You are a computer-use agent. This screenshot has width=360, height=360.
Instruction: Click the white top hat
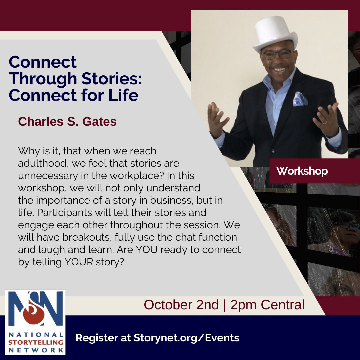click(275, 33)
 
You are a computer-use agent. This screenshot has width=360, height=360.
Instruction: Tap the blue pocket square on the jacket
click(300, 99)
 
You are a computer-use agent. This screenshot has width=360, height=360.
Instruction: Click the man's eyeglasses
click(277, 54)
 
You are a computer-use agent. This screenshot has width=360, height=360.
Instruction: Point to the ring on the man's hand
click(324, 123)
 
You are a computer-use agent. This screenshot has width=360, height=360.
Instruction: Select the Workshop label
click(302, 171)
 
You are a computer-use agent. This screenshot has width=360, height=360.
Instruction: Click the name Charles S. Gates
click(67, 121)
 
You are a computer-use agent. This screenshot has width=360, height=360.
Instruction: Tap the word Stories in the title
click(111, 79)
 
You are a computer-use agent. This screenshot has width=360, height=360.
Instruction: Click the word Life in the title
click(123, 95)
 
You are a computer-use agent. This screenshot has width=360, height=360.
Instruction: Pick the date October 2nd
click(181, 305)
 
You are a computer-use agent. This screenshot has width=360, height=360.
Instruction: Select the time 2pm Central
click(267, 305)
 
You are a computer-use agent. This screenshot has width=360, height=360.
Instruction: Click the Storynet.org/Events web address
click(186, 338)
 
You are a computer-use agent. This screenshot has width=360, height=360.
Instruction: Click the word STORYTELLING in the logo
click(36, 342)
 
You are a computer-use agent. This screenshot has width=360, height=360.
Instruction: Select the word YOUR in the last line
click(79, 262)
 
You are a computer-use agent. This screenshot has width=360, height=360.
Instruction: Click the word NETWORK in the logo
click(36, 350)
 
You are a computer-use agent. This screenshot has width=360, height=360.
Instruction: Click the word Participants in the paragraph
click(65, 213)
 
